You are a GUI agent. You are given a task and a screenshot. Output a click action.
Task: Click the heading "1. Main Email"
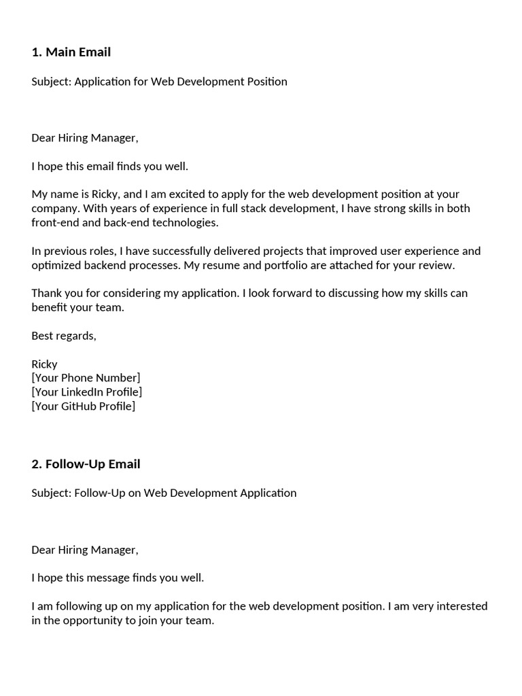tap(71, 52)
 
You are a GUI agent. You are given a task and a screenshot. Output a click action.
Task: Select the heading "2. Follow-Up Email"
tap(86, 464)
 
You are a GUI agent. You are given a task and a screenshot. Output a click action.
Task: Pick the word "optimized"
tap(56, 265)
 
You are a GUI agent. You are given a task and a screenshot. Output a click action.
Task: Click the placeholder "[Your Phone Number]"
tap(86, 378)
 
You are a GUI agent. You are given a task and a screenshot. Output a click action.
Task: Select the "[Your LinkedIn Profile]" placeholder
tap(86, 392)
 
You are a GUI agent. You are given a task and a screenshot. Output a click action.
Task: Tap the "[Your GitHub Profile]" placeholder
tap(83, 406)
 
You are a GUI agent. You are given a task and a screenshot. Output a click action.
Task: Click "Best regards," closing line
tap(64, 336)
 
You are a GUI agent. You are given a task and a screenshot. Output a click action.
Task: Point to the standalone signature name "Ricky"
tap(44, 364)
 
